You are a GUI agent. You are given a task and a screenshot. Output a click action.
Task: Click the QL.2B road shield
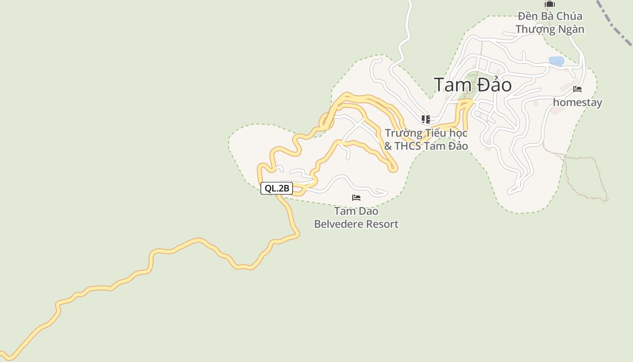click(277, 189)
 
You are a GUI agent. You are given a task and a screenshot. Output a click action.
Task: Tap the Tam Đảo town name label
click(472, 85)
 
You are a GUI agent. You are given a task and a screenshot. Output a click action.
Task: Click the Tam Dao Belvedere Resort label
click(356, 218)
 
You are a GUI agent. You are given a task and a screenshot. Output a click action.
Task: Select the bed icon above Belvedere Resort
click(356, 198)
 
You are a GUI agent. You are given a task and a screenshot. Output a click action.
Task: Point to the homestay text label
click(577, 102)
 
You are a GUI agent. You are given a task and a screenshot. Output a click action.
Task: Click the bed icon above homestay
click(577, 89)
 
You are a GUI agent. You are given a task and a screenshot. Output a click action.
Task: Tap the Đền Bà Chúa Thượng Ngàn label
click(550, 23)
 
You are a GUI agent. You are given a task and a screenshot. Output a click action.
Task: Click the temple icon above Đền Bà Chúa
click(550, 5)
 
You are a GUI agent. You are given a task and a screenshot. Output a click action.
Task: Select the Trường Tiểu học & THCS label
click(426, 139)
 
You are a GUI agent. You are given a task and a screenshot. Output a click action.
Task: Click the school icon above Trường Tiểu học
click(426, 119)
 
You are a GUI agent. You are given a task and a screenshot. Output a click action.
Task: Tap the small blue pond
click(556, 61)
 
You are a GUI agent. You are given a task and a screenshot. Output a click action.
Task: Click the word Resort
click(383, 224)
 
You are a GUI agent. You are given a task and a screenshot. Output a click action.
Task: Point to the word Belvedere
click(339, 224)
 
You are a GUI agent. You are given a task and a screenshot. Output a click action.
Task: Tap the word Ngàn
click(571, 29)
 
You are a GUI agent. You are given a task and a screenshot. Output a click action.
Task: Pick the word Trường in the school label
click(403, 133)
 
